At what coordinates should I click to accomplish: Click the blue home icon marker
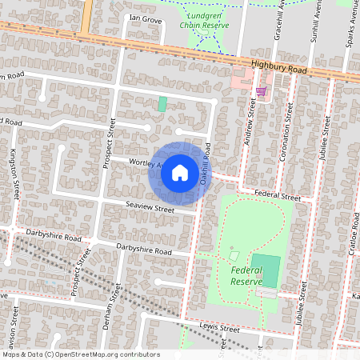(180, 172)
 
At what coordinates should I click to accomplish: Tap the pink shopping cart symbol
(261, 91)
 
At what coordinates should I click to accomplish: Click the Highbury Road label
(278, 70)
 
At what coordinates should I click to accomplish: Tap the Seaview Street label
(149, 209)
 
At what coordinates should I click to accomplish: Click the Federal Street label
(277, 196)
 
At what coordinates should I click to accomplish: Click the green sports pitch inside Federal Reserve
(265, 271)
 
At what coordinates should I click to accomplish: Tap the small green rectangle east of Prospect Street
(162, 103)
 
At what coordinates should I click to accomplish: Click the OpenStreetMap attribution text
(80, 354)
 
